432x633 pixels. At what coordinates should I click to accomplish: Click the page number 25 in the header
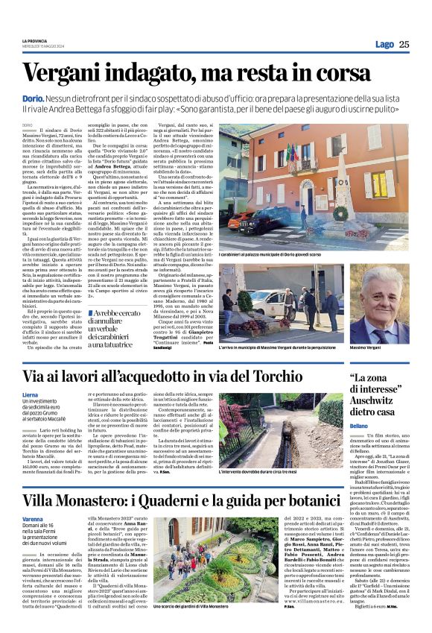click(x=404, y=44)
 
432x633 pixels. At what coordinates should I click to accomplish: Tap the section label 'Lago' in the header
click(x=384, y=44)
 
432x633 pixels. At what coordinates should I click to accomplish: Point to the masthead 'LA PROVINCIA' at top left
click(x=36, y=40)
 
